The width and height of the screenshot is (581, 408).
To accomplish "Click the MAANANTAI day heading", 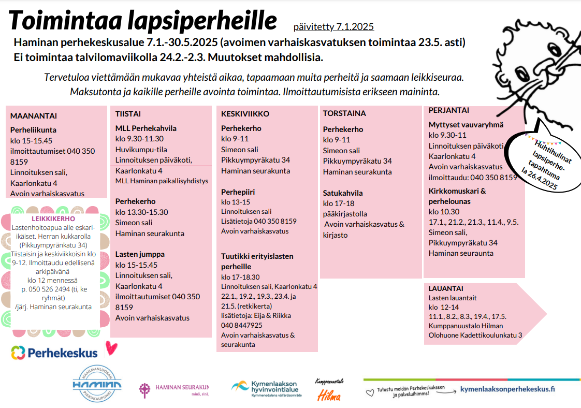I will point(34,116).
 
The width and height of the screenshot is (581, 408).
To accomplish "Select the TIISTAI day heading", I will point(128,114).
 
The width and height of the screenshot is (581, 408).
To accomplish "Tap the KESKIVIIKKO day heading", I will point(245,114).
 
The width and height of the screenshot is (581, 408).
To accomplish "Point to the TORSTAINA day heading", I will point(344,113).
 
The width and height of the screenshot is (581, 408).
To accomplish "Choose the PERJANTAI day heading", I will point(449,110).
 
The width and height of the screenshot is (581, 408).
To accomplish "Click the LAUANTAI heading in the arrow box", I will point(446,288).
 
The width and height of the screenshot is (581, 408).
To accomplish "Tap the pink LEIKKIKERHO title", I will point(53,219).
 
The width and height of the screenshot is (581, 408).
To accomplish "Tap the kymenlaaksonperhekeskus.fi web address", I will point(507,389).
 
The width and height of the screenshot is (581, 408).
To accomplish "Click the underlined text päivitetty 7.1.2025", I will point(333,27).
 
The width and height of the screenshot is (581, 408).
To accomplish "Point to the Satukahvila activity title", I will point(343,193).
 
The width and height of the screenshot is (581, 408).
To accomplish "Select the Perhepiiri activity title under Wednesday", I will point(238,192).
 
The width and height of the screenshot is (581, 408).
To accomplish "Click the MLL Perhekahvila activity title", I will point(146,128).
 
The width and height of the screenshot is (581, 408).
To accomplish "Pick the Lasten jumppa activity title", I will point(140,254).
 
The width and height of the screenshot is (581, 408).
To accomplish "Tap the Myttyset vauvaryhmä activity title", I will point(466,125).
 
